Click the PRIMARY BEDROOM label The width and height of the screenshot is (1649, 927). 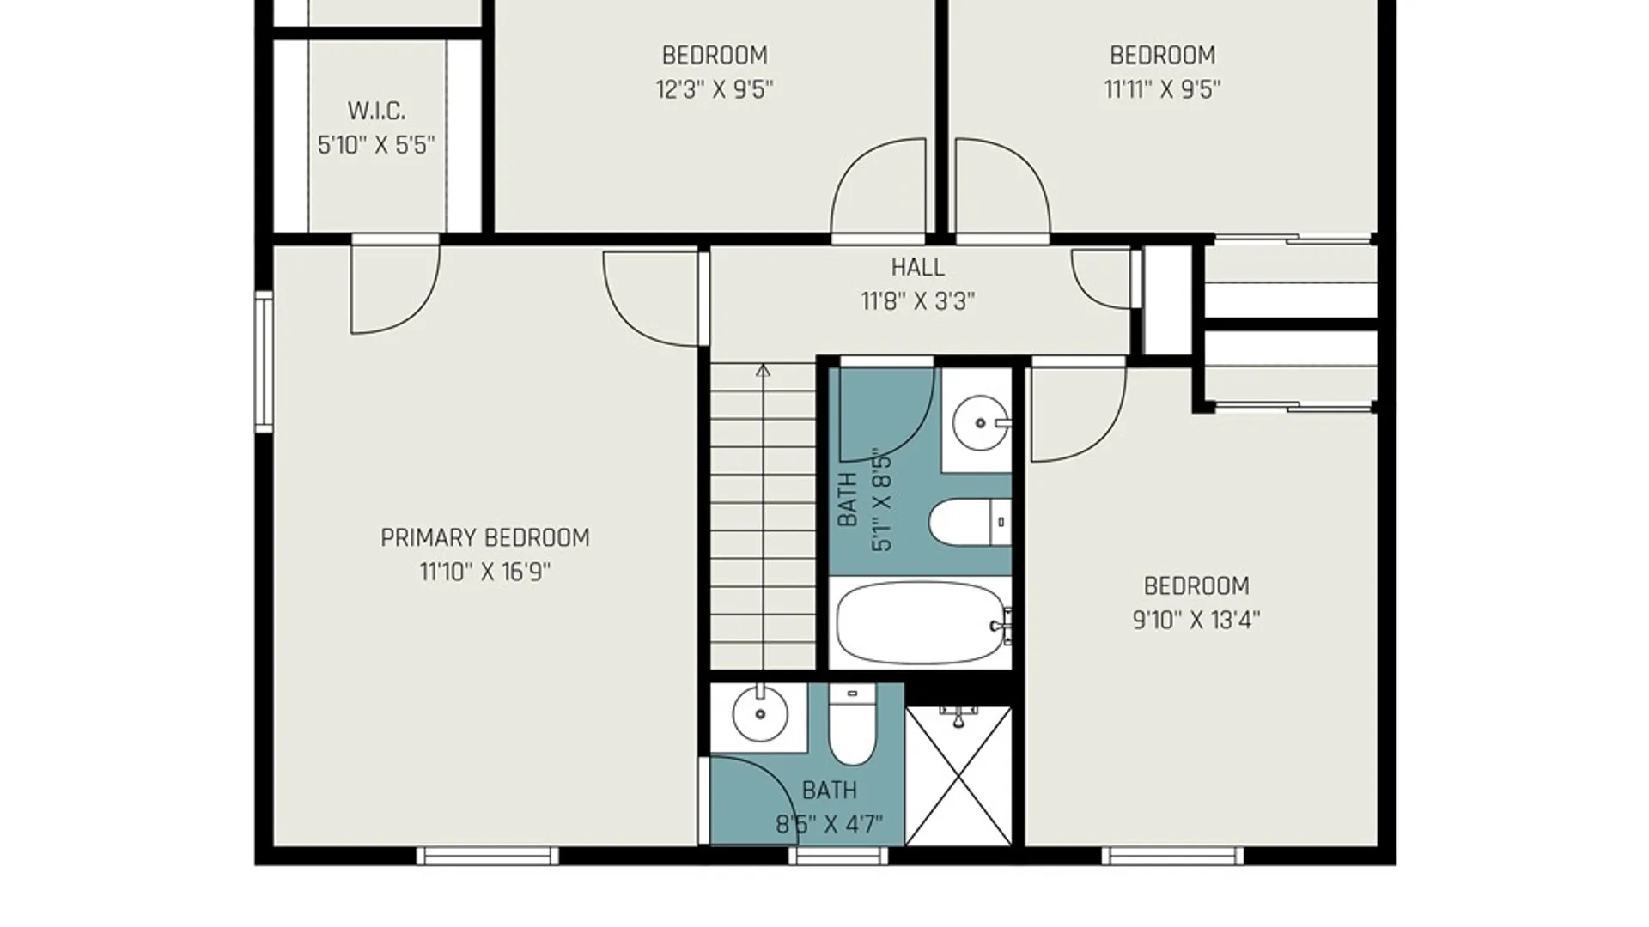pos(485,538)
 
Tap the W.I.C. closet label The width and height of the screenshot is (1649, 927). pos(376,111)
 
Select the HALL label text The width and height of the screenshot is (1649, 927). pos(917,268)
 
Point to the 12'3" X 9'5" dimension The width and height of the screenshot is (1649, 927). pos(715,89)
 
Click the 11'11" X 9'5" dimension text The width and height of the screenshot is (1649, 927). pos(1162,89)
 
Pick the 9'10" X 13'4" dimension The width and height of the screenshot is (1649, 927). pos(1196,620)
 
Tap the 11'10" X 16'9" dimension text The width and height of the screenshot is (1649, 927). pos(485,572)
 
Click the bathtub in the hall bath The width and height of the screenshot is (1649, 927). pos(923,623)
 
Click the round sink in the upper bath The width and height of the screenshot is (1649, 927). pos(980,422)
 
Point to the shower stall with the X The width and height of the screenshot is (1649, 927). pos(958,776)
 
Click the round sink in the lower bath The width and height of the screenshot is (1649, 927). pos(760,713)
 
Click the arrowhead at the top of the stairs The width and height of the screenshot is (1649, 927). pos(763,370)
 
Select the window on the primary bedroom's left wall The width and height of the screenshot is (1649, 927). pos(264,360)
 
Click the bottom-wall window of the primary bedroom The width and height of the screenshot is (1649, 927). pos(487,856)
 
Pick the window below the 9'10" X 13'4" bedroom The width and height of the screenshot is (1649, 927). pos(1172,856)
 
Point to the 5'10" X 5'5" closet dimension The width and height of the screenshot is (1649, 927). pos(376,145)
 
